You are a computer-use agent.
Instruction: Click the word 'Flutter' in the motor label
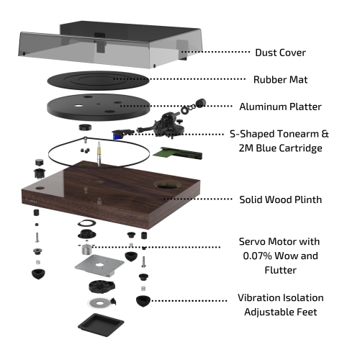280,270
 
